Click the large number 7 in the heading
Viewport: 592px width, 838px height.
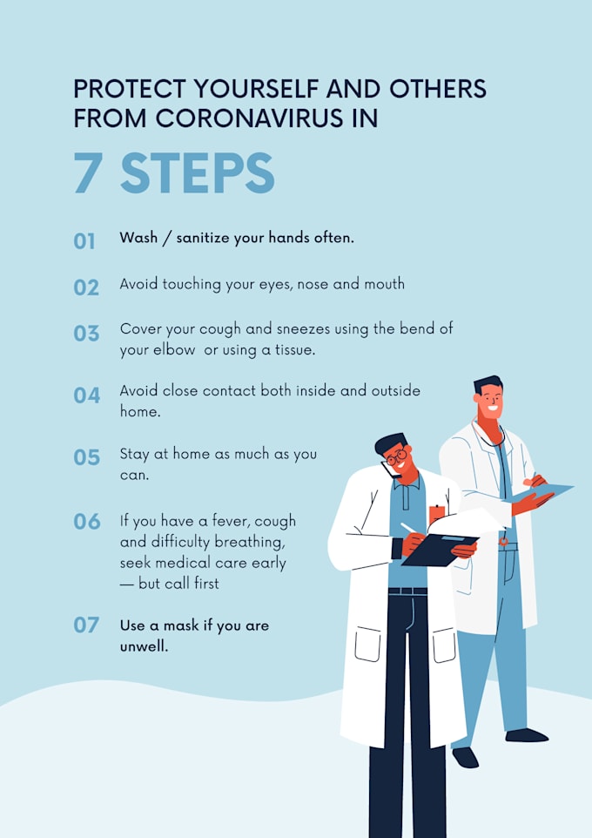pyautogui.click(x=88, y=172)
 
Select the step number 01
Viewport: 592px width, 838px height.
pyautogui.click(x=84, y=241)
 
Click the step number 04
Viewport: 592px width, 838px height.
pyautogui.click(x=86, y=395)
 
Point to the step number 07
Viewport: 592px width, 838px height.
pyautogui.click(x=86, y=625)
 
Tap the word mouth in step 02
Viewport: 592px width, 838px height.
pyautogui.click(x=384, y=284)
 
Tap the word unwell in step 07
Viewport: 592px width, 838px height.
pyautogui.click(x=144, y=646)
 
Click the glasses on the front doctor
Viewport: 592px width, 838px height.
pyautogui.click(x=396, y=457)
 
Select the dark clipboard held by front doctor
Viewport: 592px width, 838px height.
pyautogui.click(x=440, y=550)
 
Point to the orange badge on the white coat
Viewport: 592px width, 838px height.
pyautogui.click(x=436, y=514)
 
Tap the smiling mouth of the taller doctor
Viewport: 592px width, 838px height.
pyautogui.click(x=493, y=409)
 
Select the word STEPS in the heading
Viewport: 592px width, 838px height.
pyautogui.click(x=197, y=172)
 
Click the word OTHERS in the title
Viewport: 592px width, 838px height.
pyautogui.click(x=438, y=89)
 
